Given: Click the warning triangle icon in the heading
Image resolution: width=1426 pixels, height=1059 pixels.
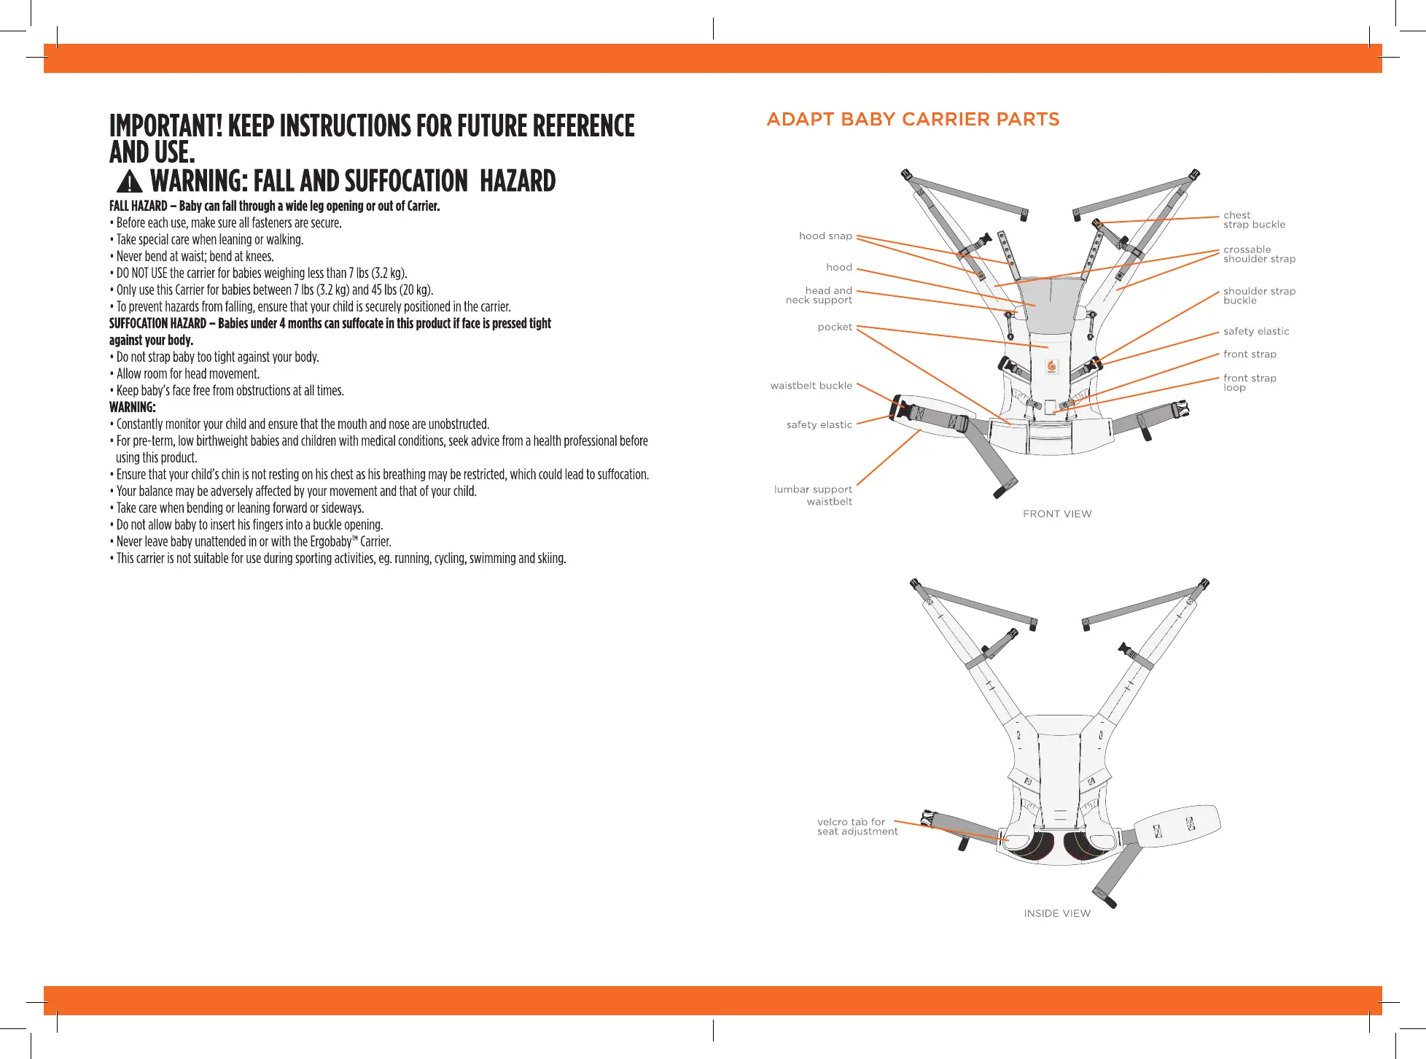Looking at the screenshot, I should [x=129, y=181].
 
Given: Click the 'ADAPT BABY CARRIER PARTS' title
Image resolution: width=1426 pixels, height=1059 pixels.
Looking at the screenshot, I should [x=913, y=120].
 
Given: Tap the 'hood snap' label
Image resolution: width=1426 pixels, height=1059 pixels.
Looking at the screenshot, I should [x=825, y=236].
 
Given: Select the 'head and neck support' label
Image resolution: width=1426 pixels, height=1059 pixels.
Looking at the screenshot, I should [x=819, y=295].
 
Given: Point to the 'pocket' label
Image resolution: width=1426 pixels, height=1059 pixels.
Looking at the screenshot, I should [x=835, y=327].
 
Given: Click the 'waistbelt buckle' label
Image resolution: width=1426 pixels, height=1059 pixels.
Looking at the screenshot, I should [x=811, y=385].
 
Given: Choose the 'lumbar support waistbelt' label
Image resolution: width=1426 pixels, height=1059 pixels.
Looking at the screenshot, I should [x=814, y=495].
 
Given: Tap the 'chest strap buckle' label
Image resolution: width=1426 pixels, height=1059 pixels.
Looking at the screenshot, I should [x=1254, y=220].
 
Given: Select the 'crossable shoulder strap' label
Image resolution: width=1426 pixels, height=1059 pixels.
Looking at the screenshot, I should [x=1259, y=254].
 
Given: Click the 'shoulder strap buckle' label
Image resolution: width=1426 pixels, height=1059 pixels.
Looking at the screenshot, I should [x=1259, y=295].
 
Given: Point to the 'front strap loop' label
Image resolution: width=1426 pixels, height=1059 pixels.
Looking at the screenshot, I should [x=1250, y=383].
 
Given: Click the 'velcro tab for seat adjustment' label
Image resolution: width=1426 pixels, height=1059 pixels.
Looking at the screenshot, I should [x=857, y=826].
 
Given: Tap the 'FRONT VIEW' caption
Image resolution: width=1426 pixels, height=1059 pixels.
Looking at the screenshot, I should [x=1057, y=514].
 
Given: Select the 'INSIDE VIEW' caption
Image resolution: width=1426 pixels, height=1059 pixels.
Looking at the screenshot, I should [x=1057, y=914].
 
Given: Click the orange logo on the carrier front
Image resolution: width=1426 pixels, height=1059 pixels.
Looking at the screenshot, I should [x=1051, y=367].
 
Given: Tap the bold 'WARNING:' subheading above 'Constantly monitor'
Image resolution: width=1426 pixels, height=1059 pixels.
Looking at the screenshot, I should [x=133, y=407].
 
